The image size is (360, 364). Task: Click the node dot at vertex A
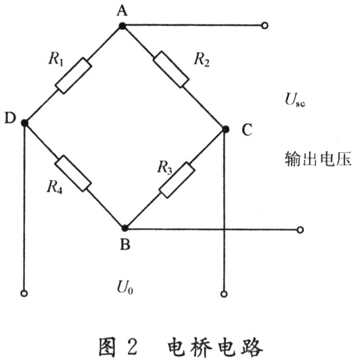[122, 26]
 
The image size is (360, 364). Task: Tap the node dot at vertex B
[125, 228]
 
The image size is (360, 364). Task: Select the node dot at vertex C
[225, 129]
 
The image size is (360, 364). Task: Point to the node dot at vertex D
[24, 122]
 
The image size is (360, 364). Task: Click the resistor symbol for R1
[73, 76]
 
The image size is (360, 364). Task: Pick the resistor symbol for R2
[171, 70]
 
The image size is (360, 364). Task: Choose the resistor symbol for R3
[177, 180]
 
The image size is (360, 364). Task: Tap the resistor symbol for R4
[73, 173]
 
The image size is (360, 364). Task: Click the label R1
[56, 58]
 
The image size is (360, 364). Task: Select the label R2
[202, 59]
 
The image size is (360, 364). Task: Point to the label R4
[55, 187]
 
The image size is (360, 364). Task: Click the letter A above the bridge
[122, 11]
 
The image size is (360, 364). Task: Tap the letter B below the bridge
[125, 244]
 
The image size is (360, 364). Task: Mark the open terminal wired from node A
[265, 26]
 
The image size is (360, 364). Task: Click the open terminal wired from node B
[300, 230]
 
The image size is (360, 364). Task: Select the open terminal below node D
[24, 294]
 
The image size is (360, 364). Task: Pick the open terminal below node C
[224, 294]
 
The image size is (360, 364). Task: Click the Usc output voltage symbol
[295, 100]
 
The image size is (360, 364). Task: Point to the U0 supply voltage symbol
[125, 288]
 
